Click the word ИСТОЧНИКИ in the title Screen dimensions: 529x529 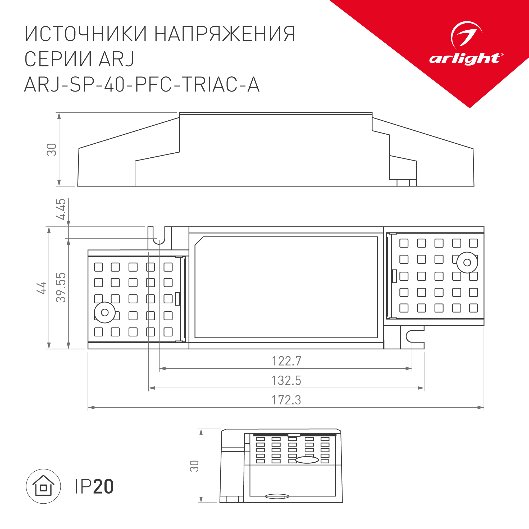pyautogui.click(x=86, y=34)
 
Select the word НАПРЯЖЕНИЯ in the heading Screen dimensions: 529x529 pyautogui.click(x=225, y=34)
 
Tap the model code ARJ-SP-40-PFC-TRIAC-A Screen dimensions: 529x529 pyautogui.click(x=142, y=85)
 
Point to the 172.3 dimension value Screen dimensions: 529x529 pyautogui.click(x=286, y=400)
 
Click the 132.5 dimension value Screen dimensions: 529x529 pyautogui.click(x=286, y=381)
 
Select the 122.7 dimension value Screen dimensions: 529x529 pyautogui.click(x=286, y=361)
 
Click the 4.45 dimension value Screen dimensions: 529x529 pyautogui.click(x=61, y=209)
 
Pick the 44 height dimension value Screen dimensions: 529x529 pyautogui.click(x=42, y=288)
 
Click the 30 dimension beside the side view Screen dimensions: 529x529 pyautogui.click(x=52, y=149)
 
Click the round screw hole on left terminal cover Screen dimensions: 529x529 pyautogui.click(x=104, y=312)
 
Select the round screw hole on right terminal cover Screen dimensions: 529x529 pyautogui.click(x=467, y=263)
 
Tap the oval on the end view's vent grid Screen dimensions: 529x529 pyautogui.click(x=307, y=460)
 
